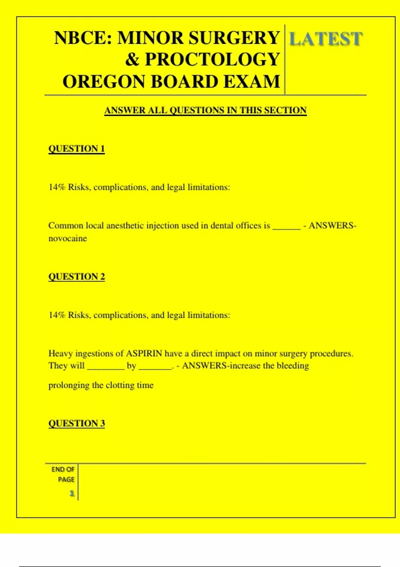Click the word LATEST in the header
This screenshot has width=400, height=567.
click(x=325, y=39)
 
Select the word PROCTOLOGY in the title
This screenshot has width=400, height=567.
click(x=212, y=60)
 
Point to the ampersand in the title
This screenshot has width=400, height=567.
click(x=132, y=60)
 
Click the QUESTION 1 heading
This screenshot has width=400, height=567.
click(x=77, y=149)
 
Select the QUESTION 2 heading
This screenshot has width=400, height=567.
click(x=77, y=277)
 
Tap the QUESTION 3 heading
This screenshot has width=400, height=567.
click(x=77, y=424)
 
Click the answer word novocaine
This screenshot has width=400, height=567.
click(x=68, y=238)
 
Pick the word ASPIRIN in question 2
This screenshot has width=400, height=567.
click(x=144, y=353)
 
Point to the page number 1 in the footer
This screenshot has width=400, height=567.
click(x=72, y=493)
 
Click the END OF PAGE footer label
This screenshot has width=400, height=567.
click(x=63, y=474)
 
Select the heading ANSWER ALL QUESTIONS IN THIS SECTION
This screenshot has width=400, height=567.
click(x=205, y=110)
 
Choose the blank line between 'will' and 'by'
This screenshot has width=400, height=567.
click(x=106, y=368)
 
